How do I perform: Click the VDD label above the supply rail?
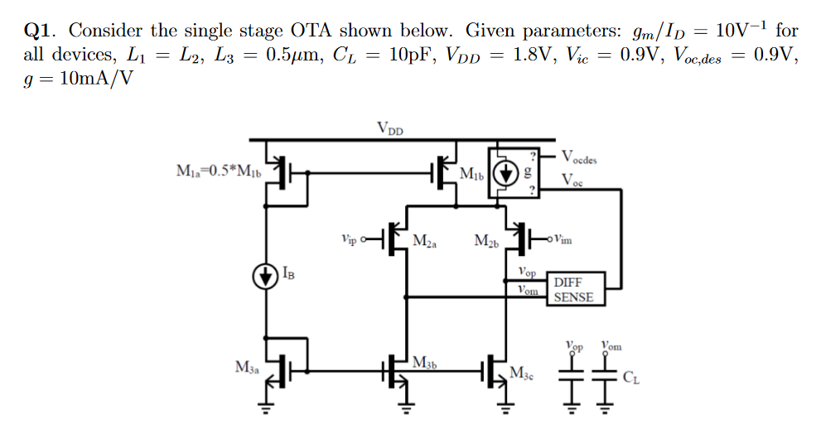(390, 128)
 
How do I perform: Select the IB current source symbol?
(266, 276)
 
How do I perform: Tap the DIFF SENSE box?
(573, 290)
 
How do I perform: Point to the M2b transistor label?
(486, 241)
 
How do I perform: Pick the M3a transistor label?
(246, 367)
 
